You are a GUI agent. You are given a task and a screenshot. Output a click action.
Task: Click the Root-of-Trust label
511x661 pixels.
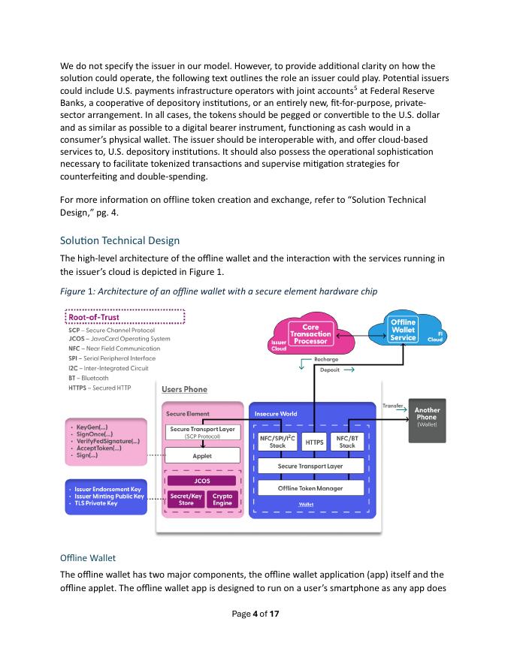click(94, 317)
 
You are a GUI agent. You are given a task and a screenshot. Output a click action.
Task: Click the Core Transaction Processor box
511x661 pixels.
click(310, 334)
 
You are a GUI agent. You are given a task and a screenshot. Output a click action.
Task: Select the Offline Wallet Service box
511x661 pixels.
click(404, 330)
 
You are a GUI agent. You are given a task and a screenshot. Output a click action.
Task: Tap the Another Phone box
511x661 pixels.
click(426, 415)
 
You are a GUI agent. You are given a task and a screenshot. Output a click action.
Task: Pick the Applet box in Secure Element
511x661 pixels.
click(202, 455)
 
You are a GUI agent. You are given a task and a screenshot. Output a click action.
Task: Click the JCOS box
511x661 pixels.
click(202, 481)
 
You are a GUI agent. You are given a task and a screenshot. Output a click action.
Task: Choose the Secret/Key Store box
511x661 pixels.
click(186, 500)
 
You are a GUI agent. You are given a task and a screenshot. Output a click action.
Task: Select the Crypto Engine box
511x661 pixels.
click(222, 500)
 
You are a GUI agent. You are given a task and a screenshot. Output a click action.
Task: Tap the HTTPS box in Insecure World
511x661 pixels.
click(315, 442)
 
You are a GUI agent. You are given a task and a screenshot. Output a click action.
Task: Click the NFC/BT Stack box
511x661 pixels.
click(346, 442)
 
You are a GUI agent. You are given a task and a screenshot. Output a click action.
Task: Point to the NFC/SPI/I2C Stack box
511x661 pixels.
click(277, 442)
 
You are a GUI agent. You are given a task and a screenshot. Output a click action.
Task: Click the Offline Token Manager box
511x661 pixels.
click(310, 488)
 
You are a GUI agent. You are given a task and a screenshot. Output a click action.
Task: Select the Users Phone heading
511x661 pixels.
click(184, 389)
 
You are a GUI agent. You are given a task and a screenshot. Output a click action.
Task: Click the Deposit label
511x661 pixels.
click(331, 370)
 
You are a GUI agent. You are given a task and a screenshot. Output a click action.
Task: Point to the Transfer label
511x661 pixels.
click(393, 405)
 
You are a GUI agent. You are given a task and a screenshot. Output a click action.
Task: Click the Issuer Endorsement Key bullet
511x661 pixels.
click(108, 489)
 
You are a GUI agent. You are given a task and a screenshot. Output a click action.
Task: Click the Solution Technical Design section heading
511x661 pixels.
click(119, 240)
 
